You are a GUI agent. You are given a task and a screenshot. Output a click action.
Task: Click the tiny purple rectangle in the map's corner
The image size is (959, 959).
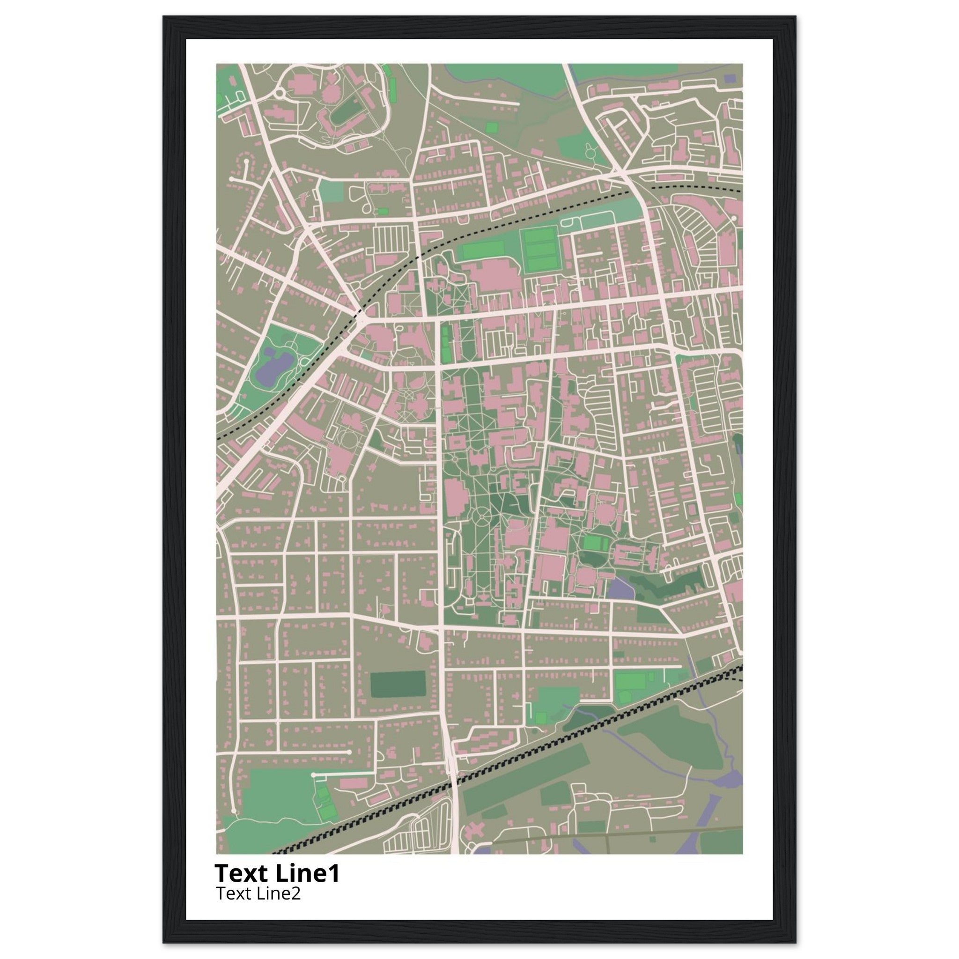click(x=729, y=78)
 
